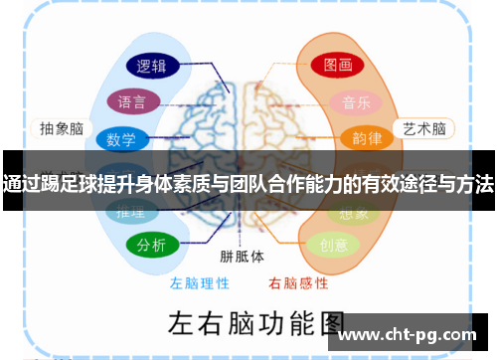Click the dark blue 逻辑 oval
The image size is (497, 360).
point(152,67)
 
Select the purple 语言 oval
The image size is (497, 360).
point(132,101)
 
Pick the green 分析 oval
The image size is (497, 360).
point(152,245)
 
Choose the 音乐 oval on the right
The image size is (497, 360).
point(357,101)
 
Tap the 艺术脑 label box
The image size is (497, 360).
point(422,128)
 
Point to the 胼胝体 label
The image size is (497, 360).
point(243,256)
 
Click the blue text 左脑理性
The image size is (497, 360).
point(199,282)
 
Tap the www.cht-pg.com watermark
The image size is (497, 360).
point(414,335)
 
